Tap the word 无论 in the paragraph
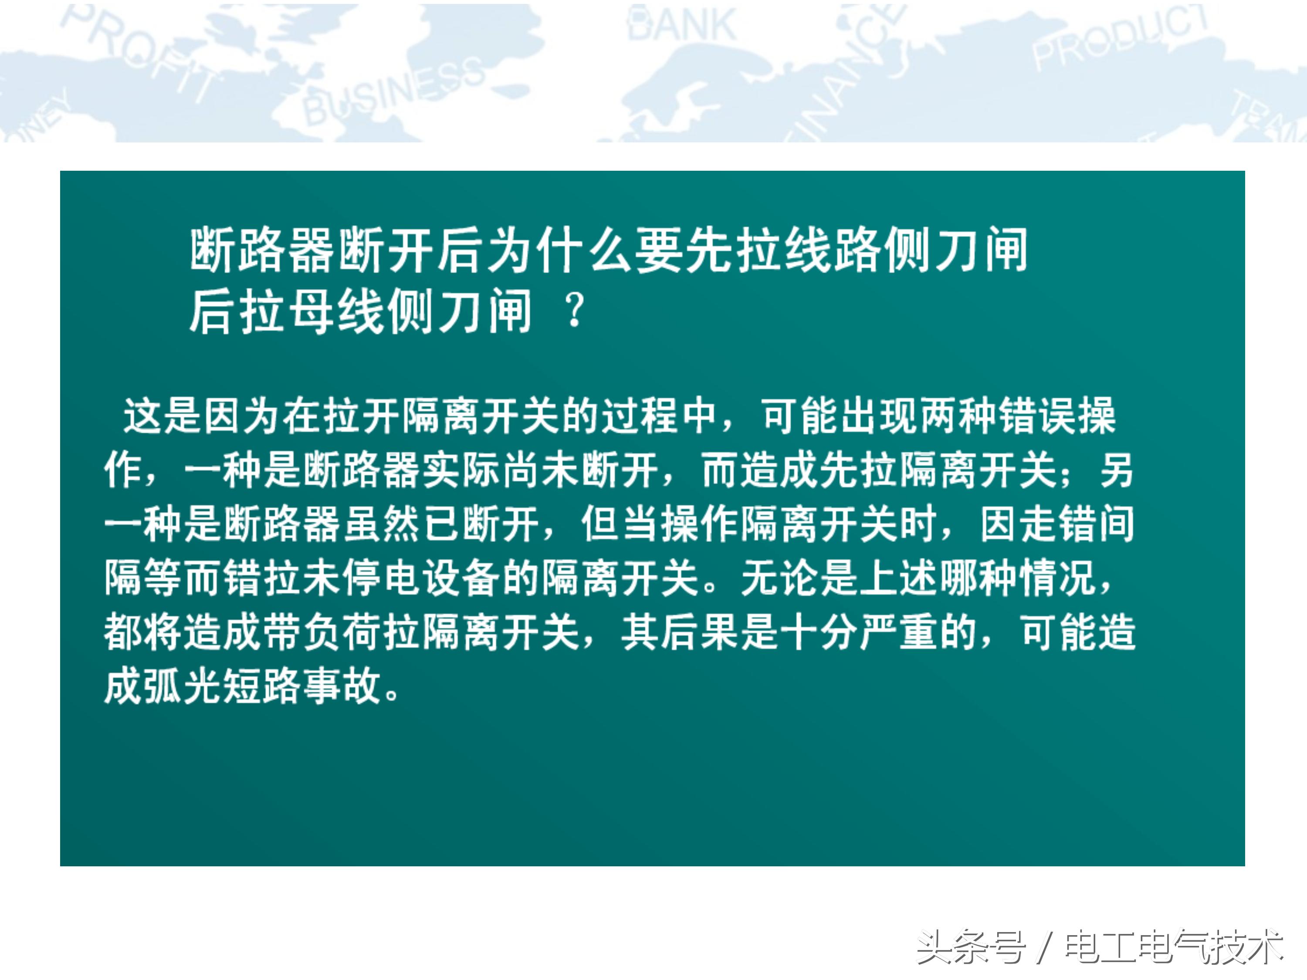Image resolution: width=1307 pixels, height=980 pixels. [779, 578]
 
